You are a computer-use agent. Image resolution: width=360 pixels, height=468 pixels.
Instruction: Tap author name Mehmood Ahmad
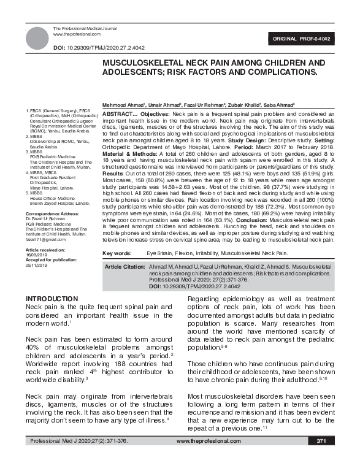click(x=121, y=105)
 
